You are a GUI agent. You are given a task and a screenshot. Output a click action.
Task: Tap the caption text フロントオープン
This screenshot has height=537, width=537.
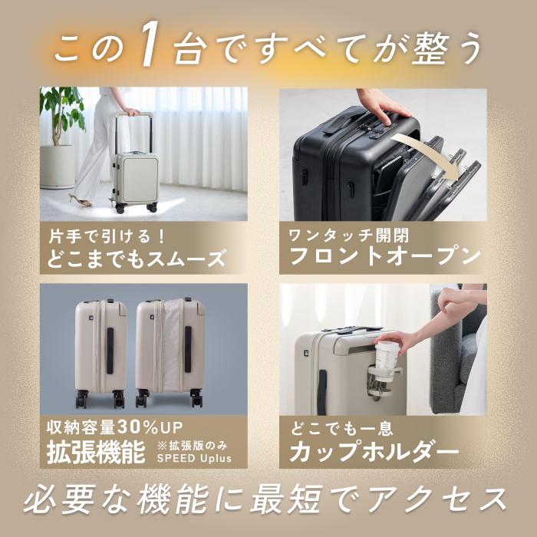pos(381,255)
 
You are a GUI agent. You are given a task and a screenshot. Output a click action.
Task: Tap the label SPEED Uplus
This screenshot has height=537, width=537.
pos(193,459)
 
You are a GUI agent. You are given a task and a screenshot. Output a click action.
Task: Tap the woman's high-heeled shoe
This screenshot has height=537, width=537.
pos(79,199)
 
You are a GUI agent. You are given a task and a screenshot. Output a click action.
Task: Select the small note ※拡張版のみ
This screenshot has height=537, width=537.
pos(193,445)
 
